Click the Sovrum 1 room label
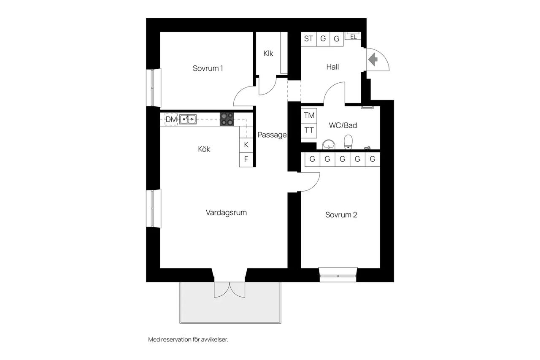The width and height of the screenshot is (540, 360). coord(208,68)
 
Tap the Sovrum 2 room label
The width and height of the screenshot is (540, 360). coord(341,215)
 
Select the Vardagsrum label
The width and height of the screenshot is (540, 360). coord(227,213)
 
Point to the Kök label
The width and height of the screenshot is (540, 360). coord(204,149)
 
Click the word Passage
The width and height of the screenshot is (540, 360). coord(272,135)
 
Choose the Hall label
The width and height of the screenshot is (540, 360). coord(332,67)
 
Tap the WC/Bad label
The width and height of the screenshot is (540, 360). coord(343,125)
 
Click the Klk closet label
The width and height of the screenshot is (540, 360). coord(268,53)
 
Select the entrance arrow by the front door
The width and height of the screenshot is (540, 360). coord(373,60)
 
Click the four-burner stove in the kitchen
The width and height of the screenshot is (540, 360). coord(227,119)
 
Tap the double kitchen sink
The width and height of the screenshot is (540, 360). coord(188,119)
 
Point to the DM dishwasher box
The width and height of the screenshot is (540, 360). coord(171,119)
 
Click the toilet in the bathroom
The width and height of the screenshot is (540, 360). coord(348,142)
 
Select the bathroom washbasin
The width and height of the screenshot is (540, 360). coord(328,144)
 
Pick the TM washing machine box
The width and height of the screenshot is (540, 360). coord(309,116)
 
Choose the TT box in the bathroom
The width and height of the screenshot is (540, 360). coord(309,130)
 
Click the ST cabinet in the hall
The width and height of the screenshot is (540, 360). coord(308,38)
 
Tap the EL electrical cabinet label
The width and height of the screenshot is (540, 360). coord(354,37)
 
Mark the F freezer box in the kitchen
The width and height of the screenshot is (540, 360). coord(246,160)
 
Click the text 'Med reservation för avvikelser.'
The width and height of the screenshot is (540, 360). coord(188,339)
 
